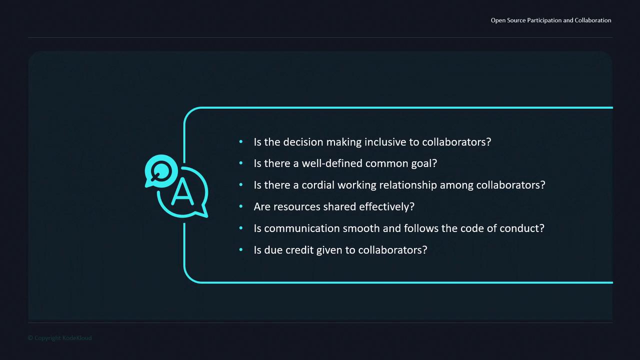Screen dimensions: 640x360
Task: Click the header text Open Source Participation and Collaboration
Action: tap(551, 20)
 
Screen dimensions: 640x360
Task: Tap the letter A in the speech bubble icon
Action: tap(182, 191)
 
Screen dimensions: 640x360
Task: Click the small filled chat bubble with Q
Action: tap(161, 171)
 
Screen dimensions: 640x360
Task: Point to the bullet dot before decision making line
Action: tap(241, 141)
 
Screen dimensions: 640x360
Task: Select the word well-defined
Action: tap(332, 163)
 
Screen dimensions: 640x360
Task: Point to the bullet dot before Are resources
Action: tap(241, 206)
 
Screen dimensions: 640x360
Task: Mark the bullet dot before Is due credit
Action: tap(241, 249)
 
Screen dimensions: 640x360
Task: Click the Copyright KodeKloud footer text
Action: tap(59, 338)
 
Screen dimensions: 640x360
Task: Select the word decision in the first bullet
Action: tap(303, 142)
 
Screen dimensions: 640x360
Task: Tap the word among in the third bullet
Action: tap(456, 185)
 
